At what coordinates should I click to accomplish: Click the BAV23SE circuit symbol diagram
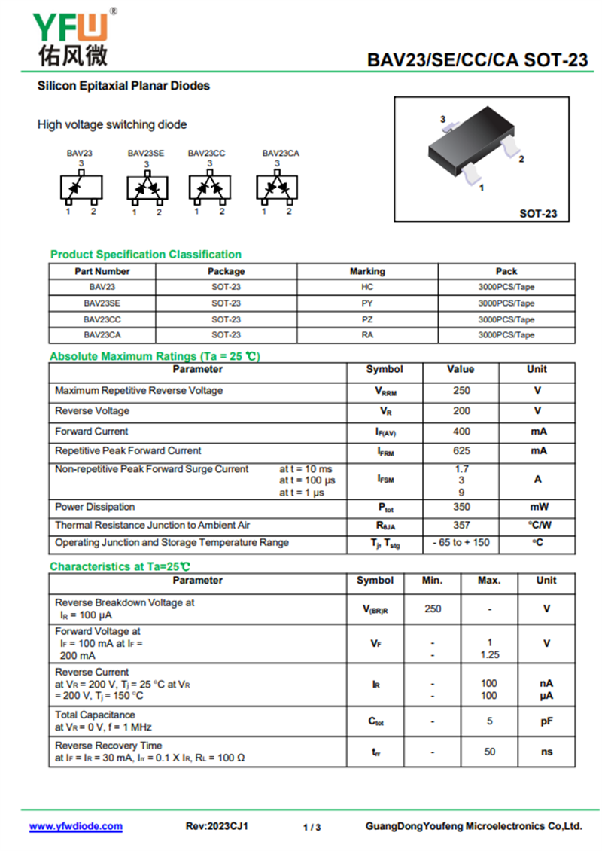[x=147, y=188]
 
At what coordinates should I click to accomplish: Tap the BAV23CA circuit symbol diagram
[x=277, y=188]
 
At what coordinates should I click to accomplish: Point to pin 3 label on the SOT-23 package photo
[x=443, y=119]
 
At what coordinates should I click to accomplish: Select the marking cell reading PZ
[x=367, y=319]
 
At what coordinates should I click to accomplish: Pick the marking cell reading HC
[x=367, y=287]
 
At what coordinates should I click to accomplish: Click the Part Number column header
[x=102, y=271]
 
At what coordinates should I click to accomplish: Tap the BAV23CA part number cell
[x=102, y=335]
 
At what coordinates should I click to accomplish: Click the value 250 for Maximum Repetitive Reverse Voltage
[x=461, y=391]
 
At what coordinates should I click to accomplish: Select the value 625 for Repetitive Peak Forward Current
[x=461, y=451]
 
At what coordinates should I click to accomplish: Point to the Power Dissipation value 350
[x=461, y=507]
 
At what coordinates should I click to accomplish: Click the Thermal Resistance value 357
[x=461, y=525]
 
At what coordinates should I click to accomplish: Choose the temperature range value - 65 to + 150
[x=461, y=543]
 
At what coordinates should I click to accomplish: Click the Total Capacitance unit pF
[x=546, y=721]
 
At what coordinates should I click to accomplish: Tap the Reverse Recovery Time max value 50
[x=489, y=752]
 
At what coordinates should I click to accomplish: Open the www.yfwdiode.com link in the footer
[x=76, y=826]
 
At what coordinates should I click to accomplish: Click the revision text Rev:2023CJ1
[x=217, y=826]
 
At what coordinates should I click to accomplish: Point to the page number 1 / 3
[x=312, y=828]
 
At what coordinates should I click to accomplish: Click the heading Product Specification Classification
[x=146, y=255]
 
